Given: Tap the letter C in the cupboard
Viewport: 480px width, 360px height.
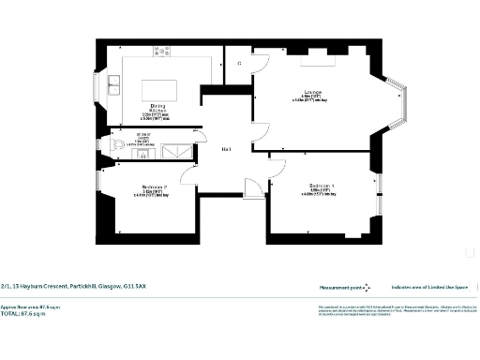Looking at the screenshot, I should pos(239,63).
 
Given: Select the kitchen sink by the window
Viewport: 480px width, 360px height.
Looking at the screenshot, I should pos(113,88).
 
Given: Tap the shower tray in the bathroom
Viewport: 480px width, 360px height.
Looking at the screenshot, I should pos(174,152).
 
